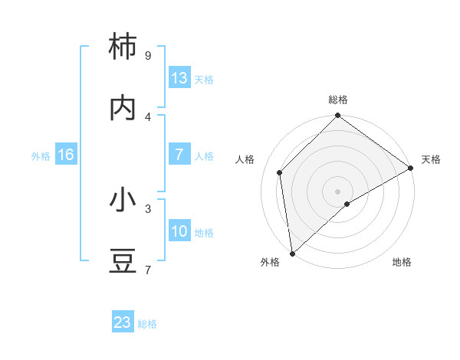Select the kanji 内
[123, 107]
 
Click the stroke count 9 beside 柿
[147, 55]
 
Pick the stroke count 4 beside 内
[147, 116]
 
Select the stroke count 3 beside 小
[147, 208]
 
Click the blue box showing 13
[179, 78]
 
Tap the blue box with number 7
[179, 155]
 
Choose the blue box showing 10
[179, 231]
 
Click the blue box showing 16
[66, 155]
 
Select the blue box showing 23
[123, 322]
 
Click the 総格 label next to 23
[147, 324]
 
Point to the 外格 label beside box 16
[41, 156]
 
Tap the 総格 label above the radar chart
[338, 100]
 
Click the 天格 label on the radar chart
[431, 159]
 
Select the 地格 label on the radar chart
[402, 262]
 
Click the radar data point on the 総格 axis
[337, 116]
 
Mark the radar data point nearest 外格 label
[292, 254]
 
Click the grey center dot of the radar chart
[337, 191]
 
